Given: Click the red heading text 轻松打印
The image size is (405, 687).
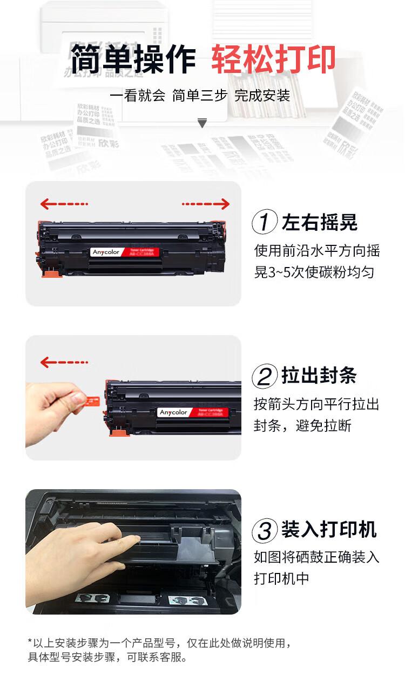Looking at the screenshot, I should pyautogui.click(x=273, y=59).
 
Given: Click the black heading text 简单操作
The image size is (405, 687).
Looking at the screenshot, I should pyautogui.click(x=133, y=59).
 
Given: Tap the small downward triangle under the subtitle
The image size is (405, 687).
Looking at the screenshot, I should pyautogui.click(x=202, y=124).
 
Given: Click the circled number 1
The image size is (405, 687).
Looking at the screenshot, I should pyautogui.click(x=265, y=222).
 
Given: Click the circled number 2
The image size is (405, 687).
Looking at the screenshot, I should pyautogui.click(x=265, y=376).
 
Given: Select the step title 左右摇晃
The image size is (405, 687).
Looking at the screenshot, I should pyautogui.click(x=319, y=222).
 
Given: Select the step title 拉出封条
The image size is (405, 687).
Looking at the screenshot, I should pyautogui.click(x=319, y=376).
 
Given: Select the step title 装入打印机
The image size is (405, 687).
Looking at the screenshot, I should pyautogui.click(x=329, y=530).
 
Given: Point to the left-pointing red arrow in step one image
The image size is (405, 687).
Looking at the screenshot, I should pyautogui.click(x=64, y=204).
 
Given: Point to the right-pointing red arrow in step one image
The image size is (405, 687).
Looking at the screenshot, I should pyautogui.click(x=206, y=204).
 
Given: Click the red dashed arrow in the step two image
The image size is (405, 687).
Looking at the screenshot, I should pyautogui.click(x=64, y=362).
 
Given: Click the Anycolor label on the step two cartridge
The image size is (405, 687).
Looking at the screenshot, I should pyautogui.click(x=173, y=412).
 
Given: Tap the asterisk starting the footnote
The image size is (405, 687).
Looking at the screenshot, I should pyautogui.click(x=30, y=642).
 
